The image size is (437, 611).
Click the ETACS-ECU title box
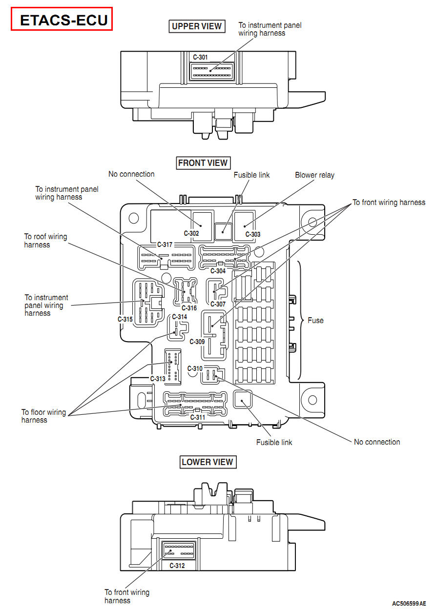62,20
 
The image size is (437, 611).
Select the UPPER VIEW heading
197,26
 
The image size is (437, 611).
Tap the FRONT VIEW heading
203,163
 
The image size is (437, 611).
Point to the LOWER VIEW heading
208,462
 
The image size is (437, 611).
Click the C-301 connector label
200,57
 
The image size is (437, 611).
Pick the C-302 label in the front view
191,234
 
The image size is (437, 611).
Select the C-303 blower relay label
253,234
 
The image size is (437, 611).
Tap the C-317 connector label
165,244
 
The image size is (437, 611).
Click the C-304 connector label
218,271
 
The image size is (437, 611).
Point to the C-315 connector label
125,319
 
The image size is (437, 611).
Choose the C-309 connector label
197,342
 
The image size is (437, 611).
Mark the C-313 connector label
158,379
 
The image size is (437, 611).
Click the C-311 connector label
198,417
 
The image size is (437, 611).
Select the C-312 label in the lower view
177,566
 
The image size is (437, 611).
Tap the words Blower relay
314,175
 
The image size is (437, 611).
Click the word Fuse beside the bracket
315,321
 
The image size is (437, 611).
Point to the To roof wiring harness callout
46,241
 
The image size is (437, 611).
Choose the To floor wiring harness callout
43,416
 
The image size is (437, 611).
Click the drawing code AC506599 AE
409,604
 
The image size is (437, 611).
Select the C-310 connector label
195,368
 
